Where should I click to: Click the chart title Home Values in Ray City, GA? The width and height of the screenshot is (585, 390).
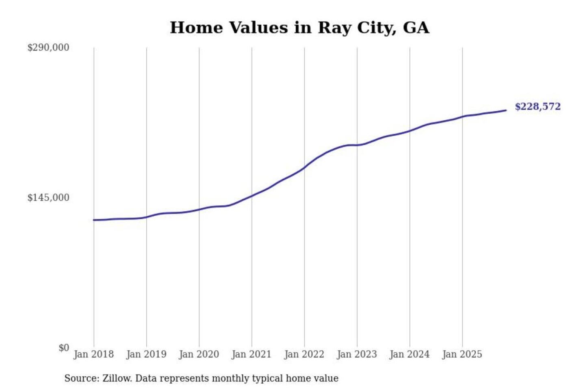coord(299,28)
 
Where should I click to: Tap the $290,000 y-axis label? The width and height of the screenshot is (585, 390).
coord(48,48)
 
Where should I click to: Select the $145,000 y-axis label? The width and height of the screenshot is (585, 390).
coord(48,197)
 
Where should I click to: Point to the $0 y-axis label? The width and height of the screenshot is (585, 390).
coord(64,348)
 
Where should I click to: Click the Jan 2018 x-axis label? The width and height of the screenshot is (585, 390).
coord(94,354)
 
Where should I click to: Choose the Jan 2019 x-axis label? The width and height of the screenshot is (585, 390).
coord(146,354)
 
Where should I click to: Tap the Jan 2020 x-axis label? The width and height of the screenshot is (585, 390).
coord(199,354)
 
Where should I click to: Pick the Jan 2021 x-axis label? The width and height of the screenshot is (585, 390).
coord(251,354)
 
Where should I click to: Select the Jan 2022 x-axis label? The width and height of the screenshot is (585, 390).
coord(304,354)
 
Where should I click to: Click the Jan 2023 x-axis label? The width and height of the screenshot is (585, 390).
coord(357,354)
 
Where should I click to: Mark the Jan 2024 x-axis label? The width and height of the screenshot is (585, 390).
coord(409,354)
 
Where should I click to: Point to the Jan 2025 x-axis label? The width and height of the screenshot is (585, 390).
coord(462,354)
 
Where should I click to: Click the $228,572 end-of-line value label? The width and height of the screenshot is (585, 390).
coord(537,106)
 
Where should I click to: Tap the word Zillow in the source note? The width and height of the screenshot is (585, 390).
coord(117,379)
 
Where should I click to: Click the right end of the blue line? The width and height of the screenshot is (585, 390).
coord(506,110)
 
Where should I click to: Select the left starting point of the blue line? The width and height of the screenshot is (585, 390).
coord(94,220)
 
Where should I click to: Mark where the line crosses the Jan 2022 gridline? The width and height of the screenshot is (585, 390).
coord(304,167)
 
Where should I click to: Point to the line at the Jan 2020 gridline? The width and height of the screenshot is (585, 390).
coord(199,209)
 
